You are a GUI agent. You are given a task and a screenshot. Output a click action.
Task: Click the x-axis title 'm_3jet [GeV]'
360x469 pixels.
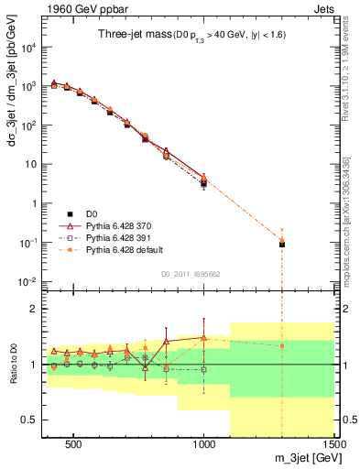[x=302, y=458]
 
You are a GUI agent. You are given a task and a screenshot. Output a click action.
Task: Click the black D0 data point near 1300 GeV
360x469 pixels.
[x=282, y=245]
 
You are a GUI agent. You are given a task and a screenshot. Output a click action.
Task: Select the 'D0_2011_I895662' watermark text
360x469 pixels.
[x=191, y=273]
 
